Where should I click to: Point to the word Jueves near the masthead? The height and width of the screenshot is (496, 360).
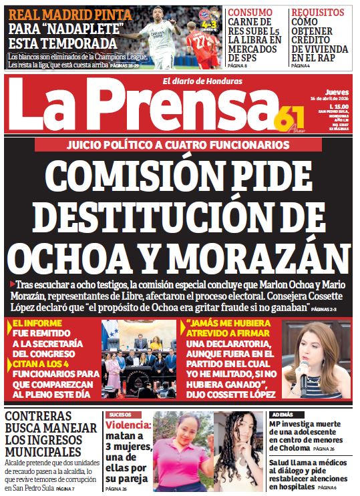pyautogui.click(x=337, y=92)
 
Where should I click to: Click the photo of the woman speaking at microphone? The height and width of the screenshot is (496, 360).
pyautogui.click(x=316, y=359)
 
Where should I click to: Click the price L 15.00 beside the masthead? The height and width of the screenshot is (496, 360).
pyautogui.click(x=341, y=105)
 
